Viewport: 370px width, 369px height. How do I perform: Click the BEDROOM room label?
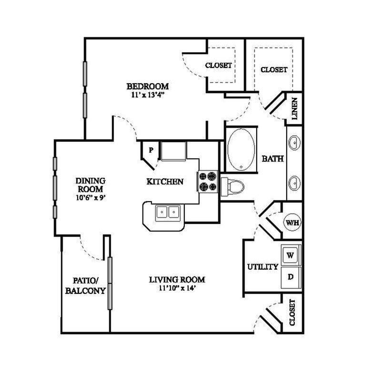pos(148,87)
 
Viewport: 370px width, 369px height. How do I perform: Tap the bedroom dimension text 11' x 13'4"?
pos(148,95)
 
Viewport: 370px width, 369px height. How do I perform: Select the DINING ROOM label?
pos(90,185)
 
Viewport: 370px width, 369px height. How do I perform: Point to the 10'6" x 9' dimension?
pos(90,197)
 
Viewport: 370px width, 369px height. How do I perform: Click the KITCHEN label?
pos(165,182)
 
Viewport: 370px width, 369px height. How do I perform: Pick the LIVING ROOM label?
pos(177,280)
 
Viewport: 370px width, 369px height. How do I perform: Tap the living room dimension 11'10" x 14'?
pos(177,288)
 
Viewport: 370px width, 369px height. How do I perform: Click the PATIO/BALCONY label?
pos(85,286)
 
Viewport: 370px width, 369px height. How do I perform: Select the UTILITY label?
pos(263,267)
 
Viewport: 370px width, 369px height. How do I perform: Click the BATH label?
pos(272,159)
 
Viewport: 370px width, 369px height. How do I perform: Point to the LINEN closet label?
pos(294,108)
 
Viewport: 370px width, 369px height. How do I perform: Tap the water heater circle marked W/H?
pos(292,222)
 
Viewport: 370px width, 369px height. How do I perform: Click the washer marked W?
pos(291,255)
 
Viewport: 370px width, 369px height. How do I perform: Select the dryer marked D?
pos(291,277)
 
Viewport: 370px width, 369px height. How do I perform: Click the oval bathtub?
pos(241,150)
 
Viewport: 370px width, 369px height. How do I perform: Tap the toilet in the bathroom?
pos(232,187)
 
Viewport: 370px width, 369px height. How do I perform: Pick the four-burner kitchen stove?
pos(208,182)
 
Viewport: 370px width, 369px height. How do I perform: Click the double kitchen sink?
pos(168,213)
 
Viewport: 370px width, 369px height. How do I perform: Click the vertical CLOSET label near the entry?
pos(292,313)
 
